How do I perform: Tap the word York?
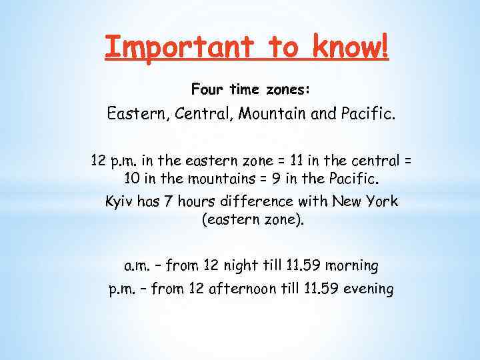pyautogui.click(x=381, y=201)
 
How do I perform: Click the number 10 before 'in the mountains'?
pyautogui.click(x=131, y=179)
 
